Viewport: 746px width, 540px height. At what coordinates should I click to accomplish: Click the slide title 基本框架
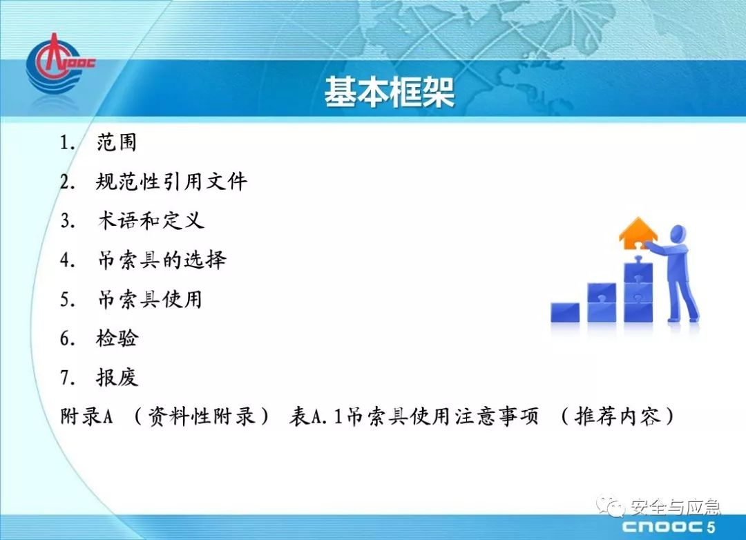point(389,92)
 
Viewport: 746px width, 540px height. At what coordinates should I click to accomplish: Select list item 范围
point(117,142)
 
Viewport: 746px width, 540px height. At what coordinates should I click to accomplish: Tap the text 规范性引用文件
point(172,182)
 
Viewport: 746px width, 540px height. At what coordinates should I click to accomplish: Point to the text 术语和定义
point(151,221)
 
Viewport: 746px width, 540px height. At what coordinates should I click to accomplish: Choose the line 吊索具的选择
point(162,260)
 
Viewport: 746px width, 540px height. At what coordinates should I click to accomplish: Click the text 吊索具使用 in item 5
point(150,300)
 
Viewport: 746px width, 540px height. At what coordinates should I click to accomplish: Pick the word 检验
point(117,339)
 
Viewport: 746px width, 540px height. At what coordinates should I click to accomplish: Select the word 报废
point(117,378)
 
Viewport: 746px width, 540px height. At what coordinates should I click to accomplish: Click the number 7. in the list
point(68,378)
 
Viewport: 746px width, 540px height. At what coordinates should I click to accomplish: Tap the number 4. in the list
point(68,261)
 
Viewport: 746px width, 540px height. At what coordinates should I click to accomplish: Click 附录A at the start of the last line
point(86,416)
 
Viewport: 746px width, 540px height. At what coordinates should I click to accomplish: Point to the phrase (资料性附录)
point(201,416)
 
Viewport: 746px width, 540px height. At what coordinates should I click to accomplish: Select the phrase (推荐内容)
point(618,416)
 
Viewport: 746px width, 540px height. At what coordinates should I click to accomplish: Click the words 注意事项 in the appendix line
point(497,416)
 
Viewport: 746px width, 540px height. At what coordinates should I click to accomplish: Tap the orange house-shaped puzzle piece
point(638,233)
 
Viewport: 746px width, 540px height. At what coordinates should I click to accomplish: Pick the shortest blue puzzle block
point(565,312)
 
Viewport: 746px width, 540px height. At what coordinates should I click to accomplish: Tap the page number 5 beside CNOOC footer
point(711,527)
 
